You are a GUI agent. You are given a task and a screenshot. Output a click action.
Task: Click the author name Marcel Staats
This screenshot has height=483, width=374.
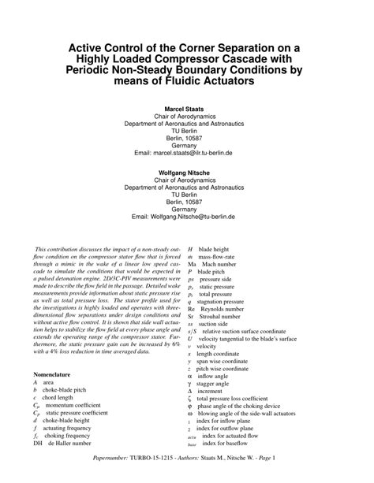pos(186,106)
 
